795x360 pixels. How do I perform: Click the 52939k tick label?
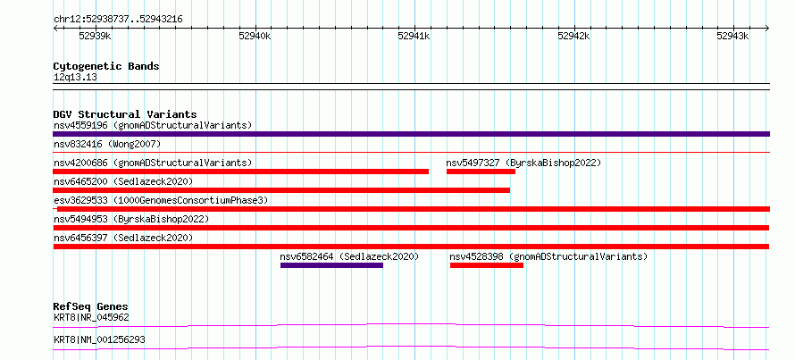point(96,36)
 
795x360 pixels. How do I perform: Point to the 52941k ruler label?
point(414,36)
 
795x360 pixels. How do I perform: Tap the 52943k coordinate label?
point(732,36)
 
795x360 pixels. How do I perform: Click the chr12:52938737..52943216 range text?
point(118,20)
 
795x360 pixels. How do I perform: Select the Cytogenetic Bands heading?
point(106,66)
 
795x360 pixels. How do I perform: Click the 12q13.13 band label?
point(75,78)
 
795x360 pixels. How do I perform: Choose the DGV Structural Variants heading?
point(125,114)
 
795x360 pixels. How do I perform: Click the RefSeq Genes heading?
point(91,306)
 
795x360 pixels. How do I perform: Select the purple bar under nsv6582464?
point(331,265)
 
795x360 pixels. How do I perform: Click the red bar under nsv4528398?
point(487,265)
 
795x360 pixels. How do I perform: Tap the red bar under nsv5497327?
point(481,172)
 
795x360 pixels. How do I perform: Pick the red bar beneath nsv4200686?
point(241,172)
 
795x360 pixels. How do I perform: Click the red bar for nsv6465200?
point(281,190)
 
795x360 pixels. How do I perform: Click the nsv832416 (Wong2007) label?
point(107,144)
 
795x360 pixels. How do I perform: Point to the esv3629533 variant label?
point(80,200)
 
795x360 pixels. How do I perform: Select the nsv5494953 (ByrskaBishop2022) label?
point(131,219)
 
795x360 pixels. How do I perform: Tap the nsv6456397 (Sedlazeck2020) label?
point(123,238)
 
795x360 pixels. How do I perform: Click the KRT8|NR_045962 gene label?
point(91,318)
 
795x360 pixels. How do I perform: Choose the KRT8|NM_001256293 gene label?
point(99,339)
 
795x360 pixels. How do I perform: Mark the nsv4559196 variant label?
point(80,125)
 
